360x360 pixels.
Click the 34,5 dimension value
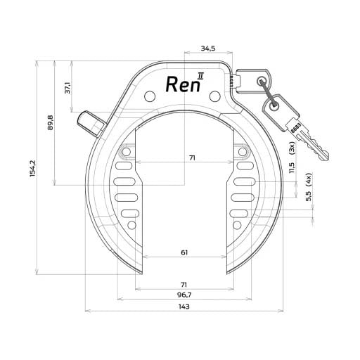(x=207, y=49)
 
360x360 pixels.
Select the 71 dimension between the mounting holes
(x=192, y=158)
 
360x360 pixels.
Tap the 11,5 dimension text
(x=292, y=169)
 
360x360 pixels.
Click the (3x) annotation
(x=292, y=148)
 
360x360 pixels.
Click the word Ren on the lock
(x=180, y=84)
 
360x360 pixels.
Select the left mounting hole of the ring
(x=127, y=151)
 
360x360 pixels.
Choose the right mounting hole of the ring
(x=243, y=151)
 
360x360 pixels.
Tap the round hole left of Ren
(x=149, y=95)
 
